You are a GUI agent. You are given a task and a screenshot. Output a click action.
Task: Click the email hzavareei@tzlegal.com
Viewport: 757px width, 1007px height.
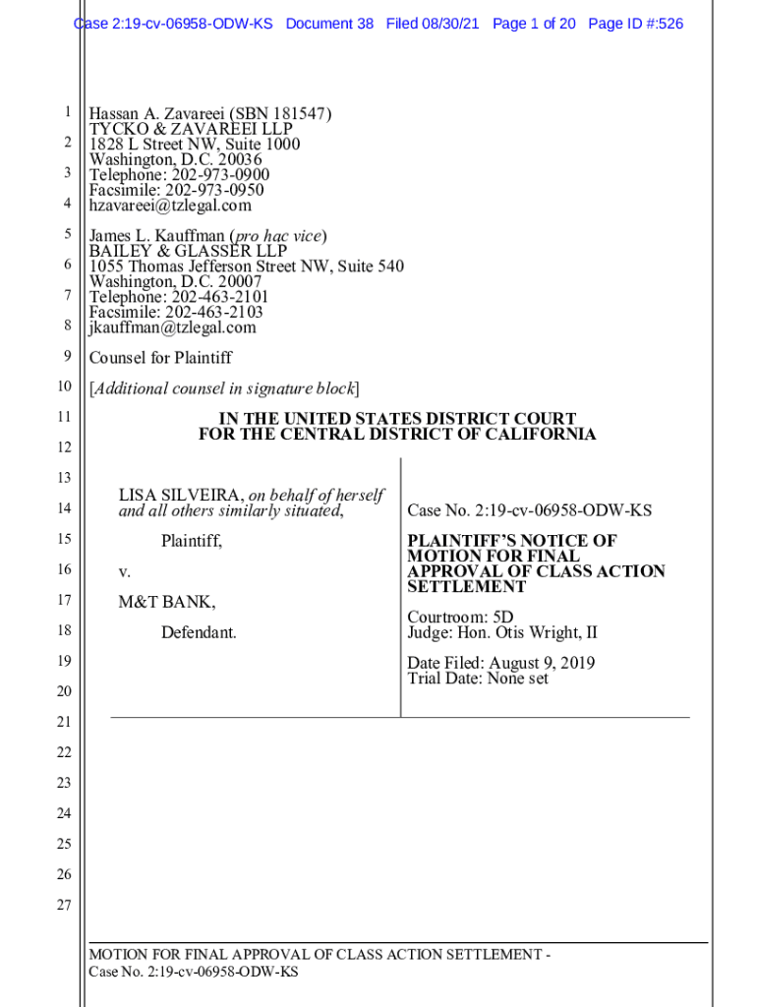[170, 206]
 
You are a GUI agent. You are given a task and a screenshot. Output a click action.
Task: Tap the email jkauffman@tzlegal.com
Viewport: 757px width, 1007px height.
[172, 327]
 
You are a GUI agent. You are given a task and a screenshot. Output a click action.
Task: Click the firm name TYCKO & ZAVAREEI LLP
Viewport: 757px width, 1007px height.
[191, 129]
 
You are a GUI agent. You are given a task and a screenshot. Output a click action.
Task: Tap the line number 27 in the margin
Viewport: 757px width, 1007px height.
[64, 905]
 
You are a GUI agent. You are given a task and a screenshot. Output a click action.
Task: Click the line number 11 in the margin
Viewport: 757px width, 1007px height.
[64, 417]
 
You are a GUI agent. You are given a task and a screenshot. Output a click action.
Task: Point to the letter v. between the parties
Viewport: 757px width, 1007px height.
[125, 571]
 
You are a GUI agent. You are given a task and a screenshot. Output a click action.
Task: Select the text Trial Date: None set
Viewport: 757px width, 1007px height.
[478, 679]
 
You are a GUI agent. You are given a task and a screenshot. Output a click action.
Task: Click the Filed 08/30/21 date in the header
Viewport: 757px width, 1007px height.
[433, 24]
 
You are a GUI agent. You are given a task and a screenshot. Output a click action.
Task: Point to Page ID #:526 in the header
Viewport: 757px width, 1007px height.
[635, 24]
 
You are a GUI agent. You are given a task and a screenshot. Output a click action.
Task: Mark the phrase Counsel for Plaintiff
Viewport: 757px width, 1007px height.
[160, 358]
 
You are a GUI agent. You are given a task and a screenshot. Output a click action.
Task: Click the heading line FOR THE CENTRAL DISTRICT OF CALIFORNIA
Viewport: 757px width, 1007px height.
[397, 434]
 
